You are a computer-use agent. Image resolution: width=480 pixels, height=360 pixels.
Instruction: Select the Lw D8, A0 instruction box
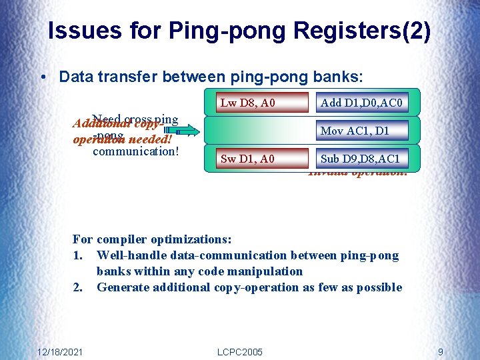[248, 103]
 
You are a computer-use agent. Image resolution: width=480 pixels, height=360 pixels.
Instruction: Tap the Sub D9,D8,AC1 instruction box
[360, 159]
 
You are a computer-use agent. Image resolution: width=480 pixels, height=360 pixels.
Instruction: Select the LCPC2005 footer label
[240, 351]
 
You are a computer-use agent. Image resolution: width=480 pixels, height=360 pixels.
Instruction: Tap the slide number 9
[441, 351]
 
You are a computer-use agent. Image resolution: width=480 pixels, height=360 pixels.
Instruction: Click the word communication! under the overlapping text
[136, 151]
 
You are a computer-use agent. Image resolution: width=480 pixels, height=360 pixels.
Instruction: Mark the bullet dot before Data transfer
[43, 77]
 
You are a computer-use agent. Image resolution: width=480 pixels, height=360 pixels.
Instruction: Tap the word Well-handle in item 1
[130, 255]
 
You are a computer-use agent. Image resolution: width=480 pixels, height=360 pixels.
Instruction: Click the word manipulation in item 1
[268, 271]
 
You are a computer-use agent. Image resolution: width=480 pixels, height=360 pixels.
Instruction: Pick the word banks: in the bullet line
[339, 77]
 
